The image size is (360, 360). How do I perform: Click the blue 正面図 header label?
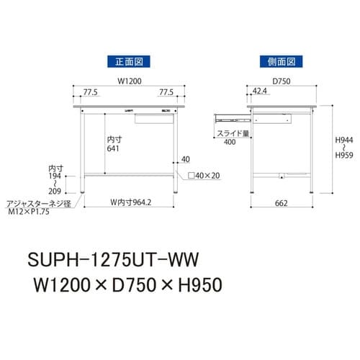click(127, 61)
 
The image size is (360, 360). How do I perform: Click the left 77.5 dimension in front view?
click(89, 92)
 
